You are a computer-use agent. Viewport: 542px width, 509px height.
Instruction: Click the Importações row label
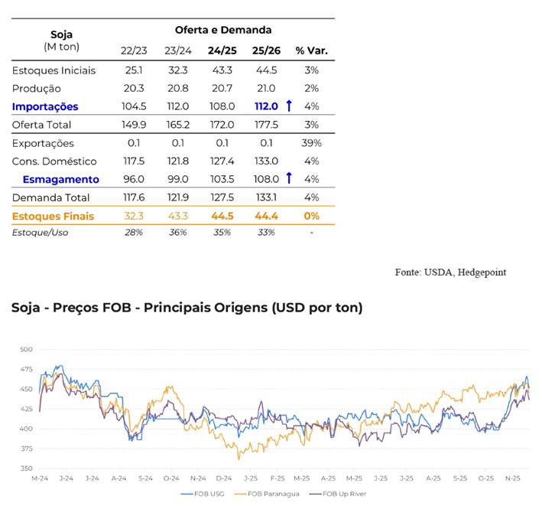click(45, 106)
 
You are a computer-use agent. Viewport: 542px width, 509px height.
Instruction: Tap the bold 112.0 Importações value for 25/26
click(266, 106)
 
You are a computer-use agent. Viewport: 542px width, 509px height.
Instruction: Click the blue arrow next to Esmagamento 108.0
click(289, 179)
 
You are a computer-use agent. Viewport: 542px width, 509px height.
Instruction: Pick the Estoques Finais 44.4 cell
click(266, 216)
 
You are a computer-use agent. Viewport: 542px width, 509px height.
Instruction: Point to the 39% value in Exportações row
click(311, 143)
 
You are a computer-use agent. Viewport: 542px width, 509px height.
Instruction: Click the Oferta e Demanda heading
click(222, 30)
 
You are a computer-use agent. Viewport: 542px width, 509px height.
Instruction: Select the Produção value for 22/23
click(134, 88)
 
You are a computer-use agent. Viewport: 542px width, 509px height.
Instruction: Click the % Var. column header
click(311, 51)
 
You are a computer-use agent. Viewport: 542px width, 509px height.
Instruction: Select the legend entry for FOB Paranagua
click(270, 494)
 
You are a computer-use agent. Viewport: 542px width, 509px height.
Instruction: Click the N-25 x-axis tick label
click(511, 478)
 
